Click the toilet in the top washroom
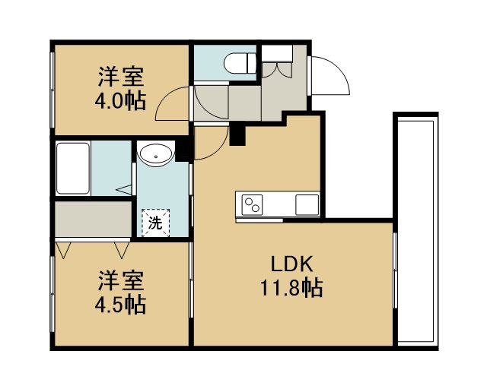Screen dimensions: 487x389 tap(240, 64)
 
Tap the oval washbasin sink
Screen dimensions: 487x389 tap(156, 154)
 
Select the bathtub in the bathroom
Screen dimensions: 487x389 tap(73, 168)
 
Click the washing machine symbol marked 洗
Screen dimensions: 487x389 tap(155, 223)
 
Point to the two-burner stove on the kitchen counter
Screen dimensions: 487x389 tap(252, 204)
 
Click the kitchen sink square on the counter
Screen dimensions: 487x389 tap(307, 204)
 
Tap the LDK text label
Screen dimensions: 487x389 tap(291, 264)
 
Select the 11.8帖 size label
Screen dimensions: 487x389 tap(291, 288)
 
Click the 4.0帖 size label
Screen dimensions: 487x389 tap(120, 101)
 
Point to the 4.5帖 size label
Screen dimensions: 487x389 tap(120, 305)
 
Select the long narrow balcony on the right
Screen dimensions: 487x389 tap(416, 232)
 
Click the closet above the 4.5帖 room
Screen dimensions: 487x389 tap(93, 219)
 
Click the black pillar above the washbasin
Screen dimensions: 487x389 tap(183, 150)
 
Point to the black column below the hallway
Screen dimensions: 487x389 tap(237, 134)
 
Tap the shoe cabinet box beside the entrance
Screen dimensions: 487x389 tap(277, 53)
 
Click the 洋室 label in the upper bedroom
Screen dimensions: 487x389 tap(121, 76)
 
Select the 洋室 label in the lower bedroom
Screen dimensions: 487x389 tap(121, 280)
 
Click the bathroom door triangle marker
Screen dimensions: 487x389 tap(124, 189)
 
